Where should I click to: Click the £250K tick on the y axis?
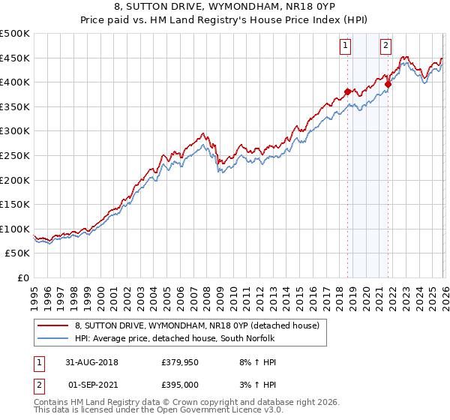coord(15,155)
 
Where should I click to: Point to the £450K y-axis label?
coord(15,58)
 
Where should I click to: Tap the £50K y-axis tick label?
coord(17,253)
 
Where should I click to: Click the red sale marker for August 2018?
coord(347,92)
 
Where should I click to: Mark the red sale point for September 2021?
coord(388,85)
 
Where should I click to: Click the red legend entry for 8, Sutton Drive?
coord(197,325)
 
